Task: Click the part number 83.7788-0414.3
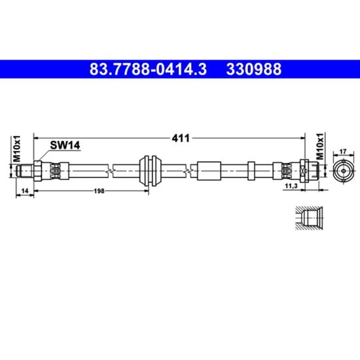148,69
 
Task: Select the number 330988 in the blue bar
254,69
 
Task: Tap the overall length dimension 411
181,138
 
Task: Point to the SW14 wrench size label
65,145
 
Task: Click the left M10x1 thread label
16,149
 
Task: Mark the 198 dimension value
99,190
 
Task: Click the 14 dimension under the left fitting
25,190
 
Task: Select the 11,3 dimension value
291,186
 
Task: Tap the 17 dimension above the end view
343,152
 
